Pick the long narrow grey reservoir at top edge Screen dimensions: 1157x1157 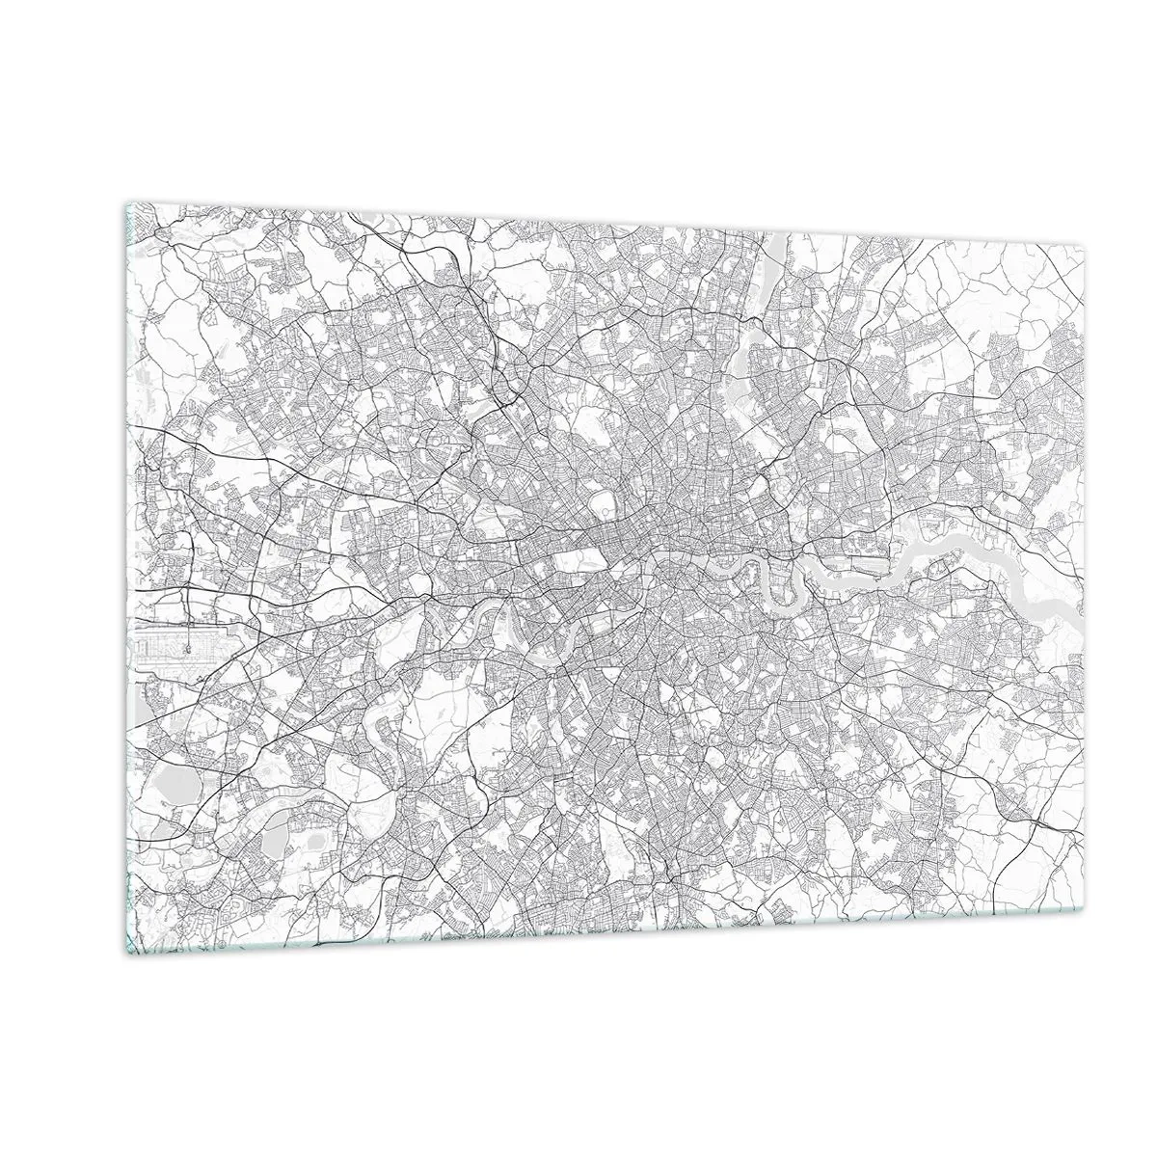pos(777,256)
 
